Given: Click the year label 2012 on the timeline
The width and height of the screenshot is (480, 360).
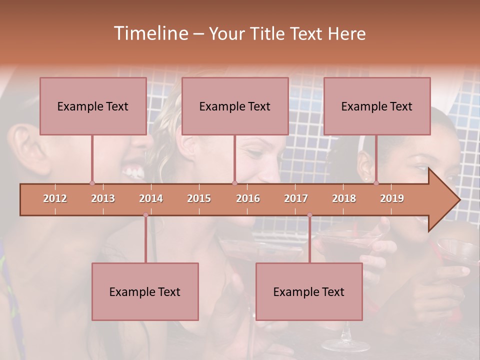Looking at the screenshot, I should pyautogui.click(x=55, y=198).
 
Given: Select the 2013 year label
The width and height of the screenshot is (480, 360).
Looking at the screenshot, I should pyautogui.click(x=103, y=198).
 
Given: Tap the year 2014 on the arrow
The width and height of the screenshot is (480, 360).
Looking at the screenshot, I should pyautogui.click(x=151, y=198).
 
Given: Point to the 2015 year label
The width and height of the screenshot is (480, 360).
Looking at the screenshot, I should pyautogui.click(x=199, y=198).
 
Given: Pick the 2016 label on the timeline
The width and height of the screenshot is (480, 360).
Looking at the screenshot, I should pyautogui.click(x=248, y=198).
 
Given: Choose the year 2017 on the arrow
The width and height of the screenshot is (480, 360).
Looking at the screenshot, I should pyautogui.click(x=296, y=198).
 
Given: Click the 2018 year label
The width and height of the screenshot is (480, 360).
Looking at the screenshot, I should pyautogui.click(x=344, y=198).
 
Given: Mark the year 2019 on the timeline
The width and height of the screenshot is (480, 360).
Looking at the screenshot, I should pyautogui.click(x=392, y=198).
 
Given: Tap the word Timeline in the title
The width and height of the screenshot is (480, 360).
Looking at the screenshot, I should pyautogui.click(x=150, y=33).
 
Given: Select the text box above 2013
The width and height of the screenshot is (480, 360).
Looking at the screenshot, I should pyautogui.click(x=93, y=106).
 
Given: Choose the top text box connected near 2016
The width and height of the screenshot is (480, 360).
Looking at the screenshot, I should pyautogui.click(x=235, y=106).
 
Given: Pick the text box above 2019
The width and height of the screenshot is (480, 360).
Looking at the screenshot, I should pyautogui.click(x=377, y=106).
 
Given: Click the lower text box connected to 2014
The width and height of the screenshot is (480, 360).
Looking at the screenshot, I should pyautogui.click(x=145, y=291).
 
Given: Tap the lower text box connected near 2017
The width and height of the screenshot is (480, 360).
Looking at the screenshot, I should pyautogui.click(x=309, y=291).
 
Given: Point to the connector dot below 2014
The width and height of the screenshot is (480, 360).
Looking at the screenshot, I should pyautogui.click(x=145, y=215).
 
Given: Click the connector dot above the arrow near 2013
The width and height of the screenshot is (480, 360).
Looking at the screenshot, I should pyautogui.click(x=92, y=183).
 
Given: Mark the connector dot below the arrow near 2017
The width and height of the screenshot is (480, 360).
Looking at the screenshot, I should pyautogui.click(x=309, y=215).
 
